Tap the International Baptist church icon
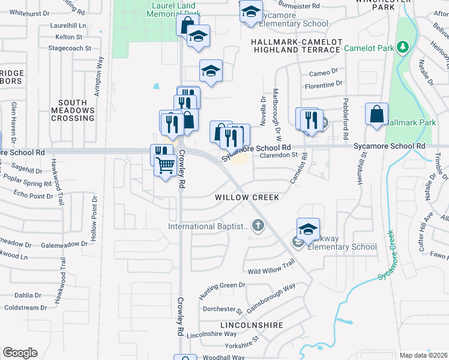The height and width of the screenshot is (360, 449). (x=258, y=226)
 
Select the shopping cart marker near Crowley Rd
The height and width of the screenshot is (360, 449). (x=165, y=164)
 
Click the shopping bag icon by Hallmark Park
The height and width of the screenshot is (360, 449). (x=376, y=115)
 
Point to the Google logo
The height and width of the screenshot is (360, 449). (x=20, y=353)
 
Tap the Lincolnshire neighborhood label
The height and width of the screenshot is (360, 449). (x=252, y=325)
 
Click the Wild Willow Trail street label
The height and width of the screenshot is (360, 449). (x=272, y=264)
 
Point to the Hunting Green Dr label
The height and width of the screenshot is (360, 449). (x=222, y=289)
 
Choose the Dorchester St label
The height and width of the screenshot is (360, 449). (x=223, y=310)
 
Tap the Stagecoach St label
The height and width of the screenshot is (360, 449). (x=70, y=47)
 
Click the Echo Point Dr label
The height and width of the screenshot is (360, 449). (x=34, y=196)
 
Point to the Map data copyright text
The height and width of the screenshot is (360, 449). (x=423, y=355)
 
